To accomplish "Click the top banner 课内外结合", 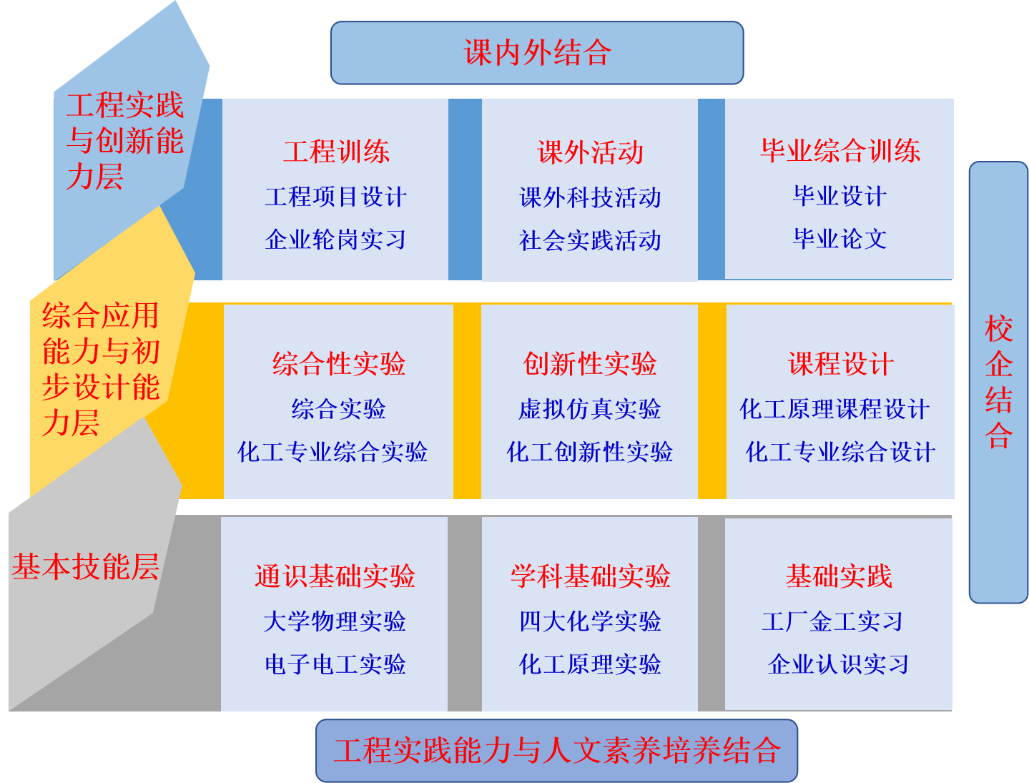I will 537,53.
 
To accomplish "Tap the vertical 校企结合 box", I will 998,382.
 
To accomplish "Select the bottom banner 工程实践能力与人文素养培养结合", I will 556,751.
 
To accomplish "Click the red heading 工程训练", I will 336,152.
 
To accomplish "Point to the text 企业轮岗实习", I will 335,240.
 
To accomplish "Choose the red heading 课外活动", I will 590,152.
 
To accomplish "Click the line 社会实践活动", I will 590,241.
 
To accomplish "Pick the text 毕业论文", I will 840,239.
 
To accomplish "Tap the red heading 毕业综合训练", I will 840,151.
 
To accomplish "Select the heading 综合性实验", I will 338,364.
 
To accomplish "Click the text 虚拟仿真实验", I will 590,409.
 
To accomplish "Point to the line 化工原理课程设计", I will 834,409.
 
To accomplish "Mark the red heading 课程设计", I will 840,364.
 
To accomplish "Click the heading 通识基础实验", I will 335,576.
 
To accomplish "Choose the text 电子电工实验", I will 335,664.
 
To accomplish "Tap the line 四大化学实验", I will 590,621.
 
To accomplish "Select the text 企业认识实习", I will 838,664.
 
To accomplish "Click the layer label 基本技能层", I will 85,567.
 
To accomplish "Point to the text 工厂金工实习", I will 832,621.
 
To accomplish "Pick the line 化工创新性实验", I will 590,452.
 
